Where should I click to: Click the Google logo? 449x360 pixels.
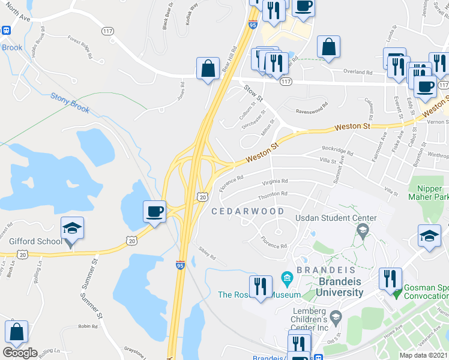click(20, 352)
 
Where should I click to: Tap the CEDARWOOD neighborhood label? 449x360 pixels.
click(248, 212)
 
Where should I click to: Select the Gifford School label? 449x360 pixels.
click(35, 242)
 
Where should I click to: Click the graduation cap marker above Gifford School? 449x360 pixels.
click(72, 229)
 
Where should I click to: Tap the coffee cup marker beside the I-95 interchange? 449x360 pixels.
click(155, 212)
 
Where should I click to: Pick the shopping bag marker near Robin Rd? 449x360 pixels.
click(17, 332)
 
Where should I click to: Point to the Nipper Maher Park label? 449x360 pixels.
click(429, 192)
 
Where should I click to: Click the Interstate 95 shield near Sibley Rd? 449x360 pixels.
click(180, 265)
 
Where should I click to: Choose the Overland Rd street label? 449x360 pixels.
click(359, 72)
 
